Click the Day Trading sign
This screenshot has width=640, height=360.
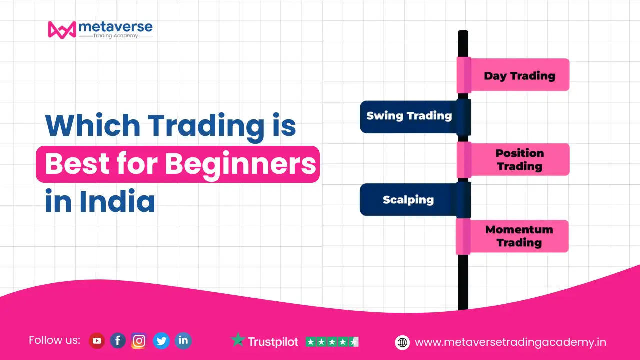(513, 75)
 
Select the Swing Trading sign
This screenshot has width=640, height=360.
(415, 117)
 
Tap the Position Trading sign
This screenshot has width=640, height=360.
(513, 159)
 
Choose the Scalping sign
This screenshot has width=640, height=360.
(415, 199)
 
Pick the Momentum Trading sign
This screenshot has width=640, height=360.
(512, 236)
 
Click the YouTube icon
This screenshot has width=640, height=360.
(97, 341)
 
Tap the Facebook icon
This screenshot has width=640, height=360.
(118, 341)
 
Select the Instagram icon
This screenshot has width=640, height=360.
(139, 341)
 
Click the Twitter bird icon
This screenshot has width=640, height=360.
(161, 341)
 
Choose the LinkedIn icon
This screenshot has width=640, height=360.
(183, 341)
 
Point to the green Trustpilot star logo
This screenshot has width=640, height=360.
(238, 340)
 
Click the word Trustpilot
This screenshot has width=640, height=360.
(273, 342)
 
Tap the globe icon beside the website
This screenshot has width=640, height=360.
(402, 342)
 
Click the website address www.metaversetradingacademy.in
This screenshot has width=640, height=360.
(510, 342)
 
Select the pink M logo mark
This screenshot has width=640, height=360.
(62, 29)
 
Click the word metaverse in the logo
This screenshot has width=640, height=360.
(115, 27)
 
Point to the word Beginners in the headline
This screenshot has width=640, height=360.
(241, 164)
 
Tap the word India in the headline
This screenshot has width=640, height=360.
(117, 201)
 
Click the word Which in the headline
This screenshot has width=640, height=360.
(93, 125)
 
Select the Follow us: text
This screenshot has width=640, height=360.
(54, 340)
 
